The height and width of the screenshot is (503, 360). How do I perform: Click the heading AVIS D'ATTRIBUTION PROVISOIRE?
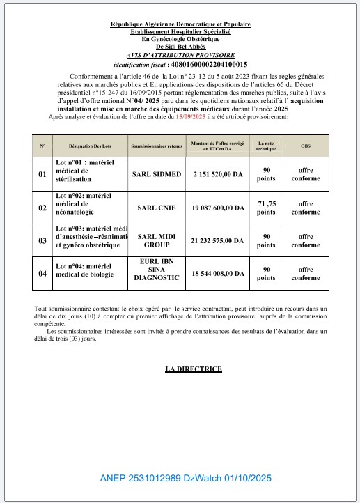pyautogui.click(x=180, y=54)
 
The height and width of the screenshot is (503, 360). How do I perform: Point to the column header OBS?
pyautogui.click(x=306, y=147)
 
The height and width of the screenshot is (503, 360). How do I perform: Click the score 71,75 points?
pyautogui.click(x=266, y=208)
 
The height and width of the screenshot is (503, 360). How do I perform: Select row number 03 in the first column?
pyautogui.click(x=42, y=241)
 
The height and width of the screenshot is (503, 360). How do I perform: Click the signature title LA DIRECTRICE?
pyautogui.click(x=193, y=369)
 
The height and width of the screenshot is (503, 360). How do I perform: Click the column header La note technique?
pyautogui.click(x=266, y=147)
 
